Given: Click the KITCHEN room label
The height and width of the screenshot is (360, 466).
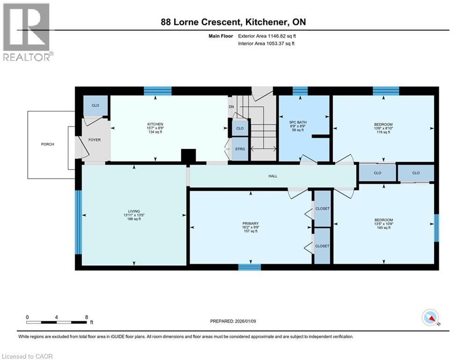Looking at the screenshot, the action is tap(155, 124).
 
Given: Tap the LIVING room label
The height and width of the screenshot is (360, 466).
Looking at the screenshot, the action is tap(134, 211).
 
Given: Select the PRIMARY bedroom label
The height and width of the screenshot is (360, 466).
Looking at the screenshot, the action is tap(251, 224).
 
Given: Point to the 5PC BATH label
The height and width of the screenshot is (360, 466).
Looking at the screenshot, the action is tap(298, 122).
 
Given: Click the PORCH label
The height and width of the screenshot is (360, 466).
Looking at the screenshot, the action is tap(48, 144).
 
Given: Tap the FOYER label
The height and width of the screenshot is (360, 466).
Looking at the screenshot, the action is tap(95, 140).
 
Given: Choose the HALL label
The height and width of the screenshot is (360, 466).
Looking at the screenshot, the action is tap(273, 176).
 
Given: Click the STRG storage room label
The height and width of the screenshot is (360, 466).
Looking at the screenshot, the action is tap(240, 149).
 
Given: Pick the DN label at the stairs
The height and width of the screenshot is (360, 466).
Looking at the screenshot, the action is tap(231, 107).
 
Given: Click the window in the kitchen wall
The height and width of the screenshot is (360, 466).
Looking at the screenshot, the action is tap(157, 91).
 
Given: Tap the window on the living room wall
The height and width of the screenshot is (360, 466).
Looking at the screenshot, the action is tap(78, 222).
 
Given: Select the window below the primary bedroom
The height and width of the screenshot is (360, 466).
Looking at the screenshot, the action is tap(250, 267).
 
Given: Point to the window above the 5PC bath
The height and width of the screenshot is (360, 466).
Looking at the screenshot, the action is tap(300, 91).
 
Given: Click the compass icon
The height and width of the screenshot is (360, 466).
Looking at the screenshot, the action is tap(430, 317).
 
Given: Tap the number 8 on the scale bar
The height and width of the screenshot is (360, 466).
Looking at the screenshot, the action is tap(87, 317).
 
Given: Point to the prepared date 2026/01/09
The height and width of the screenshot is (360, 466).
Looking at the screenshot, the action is tap(245, 321).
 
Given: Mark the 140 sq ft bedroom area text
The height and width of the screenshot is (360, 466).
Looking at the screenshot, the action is tap(384, 228).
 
